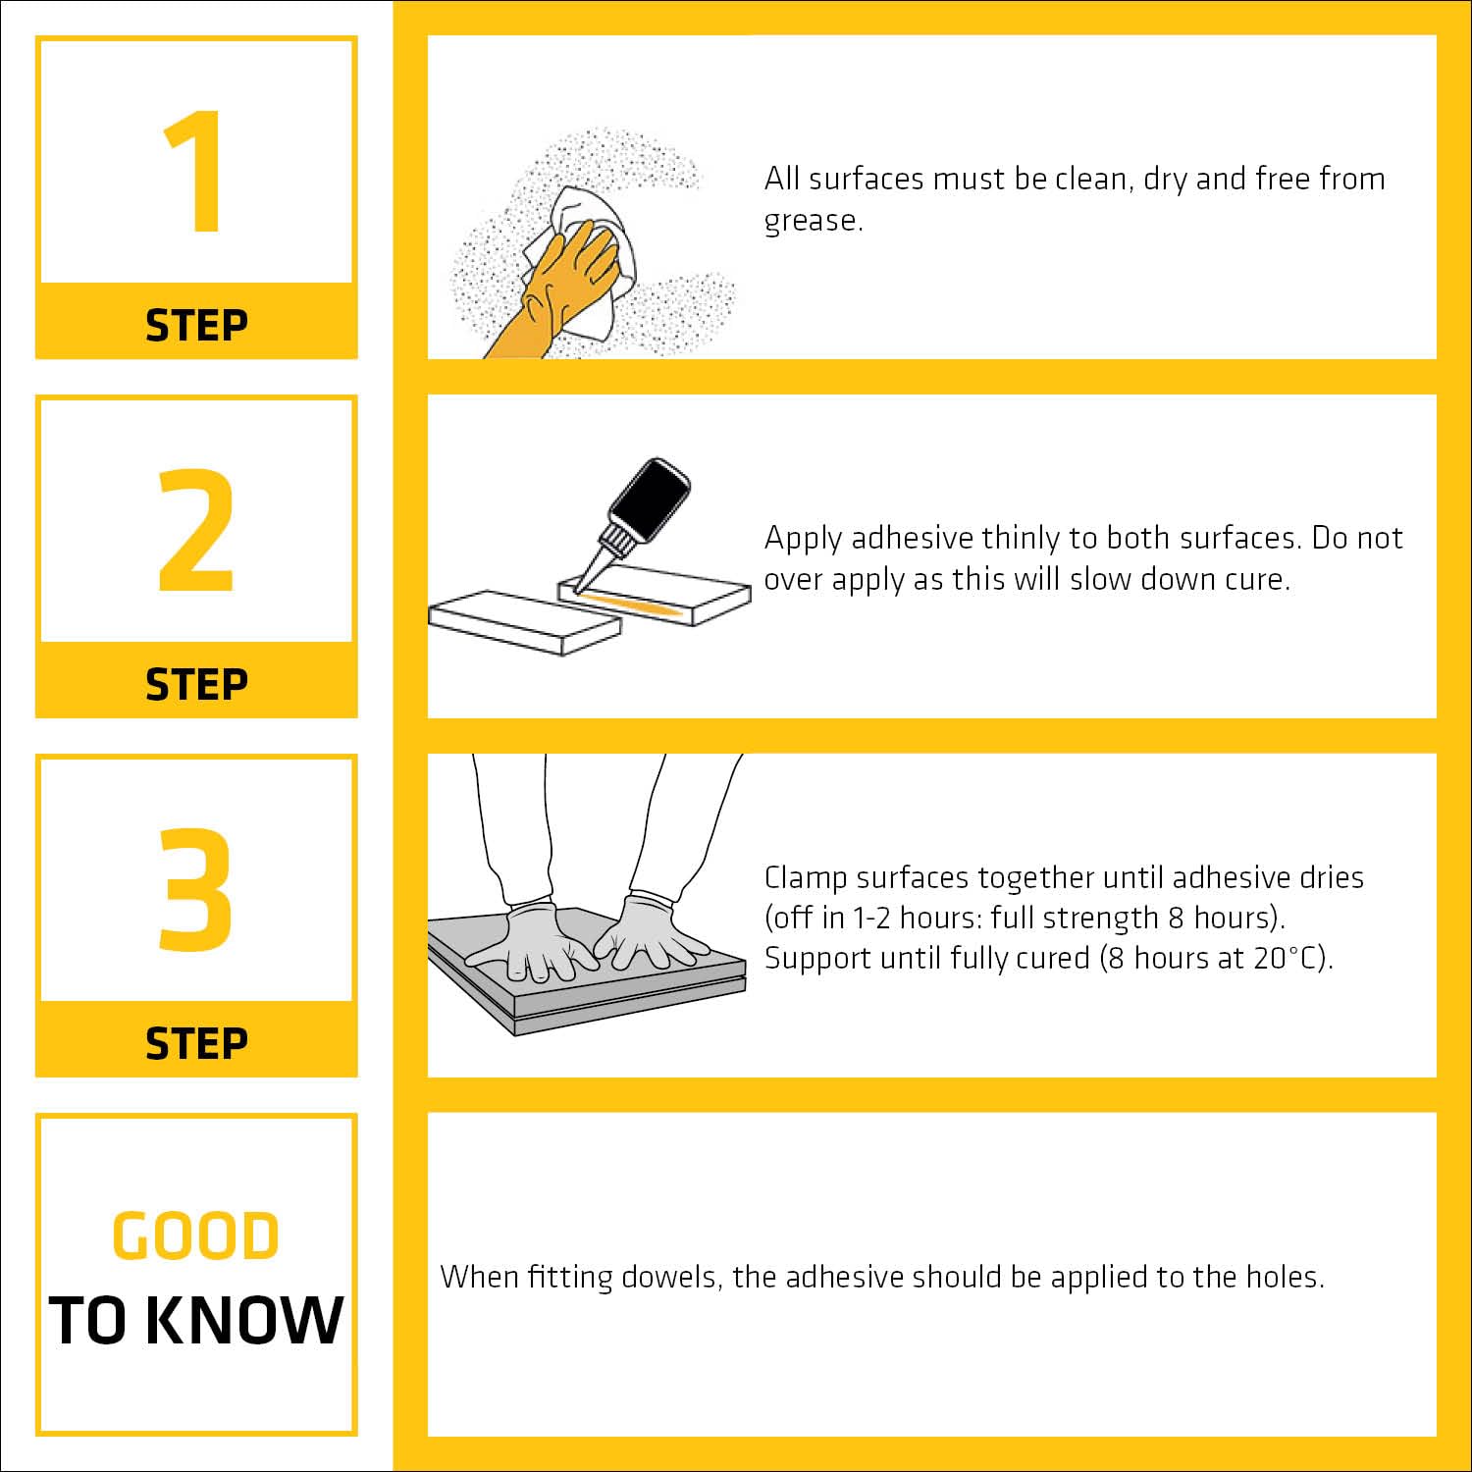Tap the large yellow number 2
pos(196,530)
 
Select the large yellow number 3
pos(196,889)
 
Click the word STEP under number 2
pos(196,684)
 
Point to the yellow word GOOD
pos(196,1235)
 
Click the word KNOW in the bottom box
pos(249,1320)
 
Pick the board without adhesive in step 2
pos(526,622)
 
